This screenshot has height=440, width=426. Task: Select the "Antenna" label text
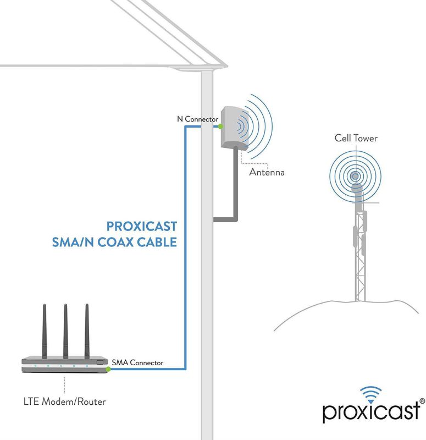267,172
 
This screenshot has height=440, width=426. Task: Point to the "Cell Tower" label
356,138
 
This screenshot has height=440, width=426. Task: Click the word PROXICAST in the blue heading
141,226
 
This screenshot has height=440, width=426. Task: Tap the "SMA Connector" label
137,362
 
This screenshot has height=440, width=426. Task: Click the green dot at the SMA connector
109,369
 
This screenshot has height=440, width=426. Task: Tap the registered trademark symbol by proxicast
422,402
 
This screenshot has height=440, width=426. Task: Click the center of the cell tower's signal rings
356,177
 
